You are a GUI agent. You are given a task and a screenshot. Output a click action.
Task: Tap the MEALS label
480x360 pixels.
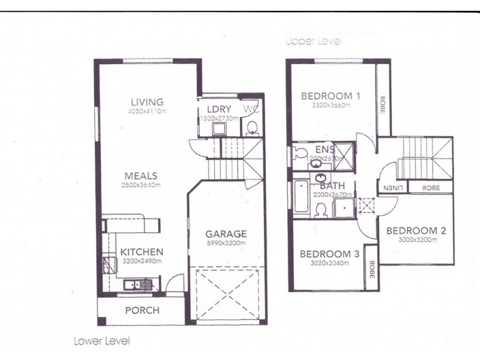click(x=141, y=176)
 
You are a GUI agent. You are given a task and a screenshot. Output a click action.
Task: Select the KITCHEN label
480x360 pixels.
click(x=141, y=252)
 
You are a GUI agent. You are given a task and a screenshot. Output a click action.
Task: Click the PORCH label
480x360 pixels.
click(x=142, y=310)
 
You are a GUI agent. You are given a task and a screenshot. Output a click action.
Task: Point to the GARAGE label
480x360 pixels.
click(x=226, y=233)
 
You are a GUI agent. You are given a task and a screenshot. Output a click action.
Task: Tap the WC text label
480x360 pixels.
click(x=251, y=109)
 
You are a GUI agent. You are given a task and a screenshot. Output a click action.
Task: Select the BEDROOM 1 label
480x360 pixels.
click(x=331, y=96)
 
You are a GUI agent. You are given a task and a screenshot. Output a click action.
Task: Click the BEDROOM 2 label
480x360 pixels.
click(x=416, y=230)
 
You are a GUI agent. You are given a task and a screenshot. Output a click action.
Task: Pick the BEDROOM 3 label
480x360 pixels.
click(x=329, y=254)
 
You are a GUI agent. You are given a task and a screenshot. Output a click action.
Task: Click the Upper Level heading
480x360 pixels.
click(x=313, y=41)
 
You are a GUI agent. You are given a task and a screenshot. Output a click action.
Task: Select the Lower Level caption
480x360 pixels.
click(x=101, y=341)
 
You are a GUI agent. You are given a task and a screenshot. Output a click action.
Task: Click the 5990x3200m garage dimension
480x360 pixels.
click(x=226, y=243)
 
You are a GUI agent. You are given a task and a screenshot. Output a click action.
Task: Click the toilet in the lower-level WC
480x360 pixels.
click(x=252, y=128)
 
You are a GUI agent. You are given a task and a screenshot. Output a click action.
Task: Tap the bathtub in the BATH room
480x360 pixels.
click(x=301, y=197)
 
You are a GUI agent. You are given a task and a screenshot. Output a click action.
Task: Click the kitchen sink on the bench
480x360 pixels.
click(x=132, y=285)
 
